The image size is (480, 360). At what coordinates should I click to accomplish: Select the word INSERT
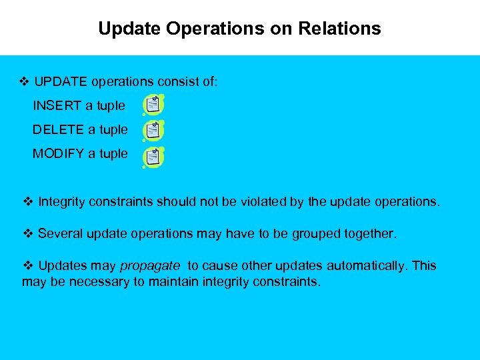pos(57,105)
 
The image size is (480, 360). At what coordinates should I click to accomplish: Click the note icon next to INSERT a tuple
pos(153,105)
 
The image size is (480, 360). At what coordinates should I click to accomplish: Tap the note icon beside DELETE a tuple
pos(153,130)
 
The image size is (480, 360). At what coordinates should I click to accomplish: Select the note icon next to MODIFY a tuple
pos(153,157)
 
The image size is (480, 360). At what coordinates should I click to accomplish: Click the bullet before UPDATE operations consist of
pos(25,81)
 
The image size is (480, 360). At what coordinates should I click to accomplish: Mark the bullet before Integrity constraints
pos(28,201)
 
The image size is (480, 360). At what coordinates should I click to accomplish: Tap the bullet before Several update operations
pos(28,233)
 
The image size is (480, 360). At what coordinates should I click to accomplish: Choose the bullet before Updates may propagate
pos(28,265)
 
